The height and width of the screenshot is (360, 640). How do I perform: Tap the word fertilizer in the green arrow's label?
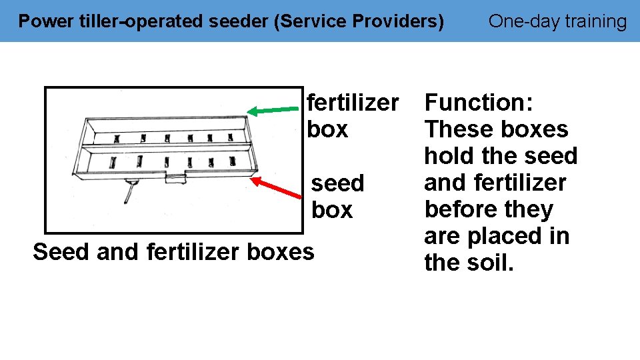point(353,103)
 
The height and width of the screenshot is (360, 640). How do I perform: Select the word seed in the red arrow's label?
point(338,183)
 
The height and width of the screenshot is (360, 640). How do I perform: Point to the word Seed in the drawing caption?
point(61,252)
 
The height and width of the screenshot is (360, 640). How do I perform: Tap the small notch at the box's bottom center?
point(175,177)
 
